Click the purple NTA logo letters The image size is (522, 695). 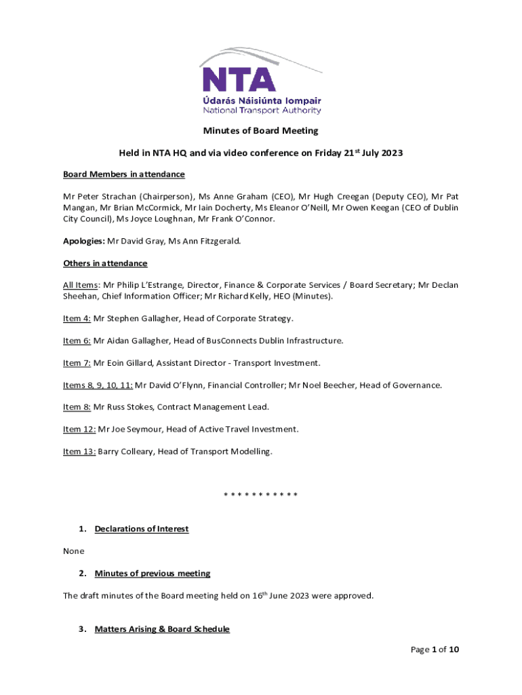tap(239, 79)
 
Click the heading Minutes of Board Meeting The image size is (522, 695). tap(261, 130)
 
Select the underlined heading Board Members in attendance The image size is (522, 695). tap(124, 174)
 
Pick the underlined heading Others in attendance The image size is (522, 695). tap(105, 263)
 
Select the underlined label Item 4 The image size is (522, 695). tap(77, 318)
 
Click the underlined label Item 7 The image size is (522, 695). tap(77, 363)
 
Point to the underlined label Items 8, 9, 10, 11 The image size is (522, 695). tap(98, 386)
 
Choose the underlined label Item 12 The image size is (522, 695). tap(79, 430)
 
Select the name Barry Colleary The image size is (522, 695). tap(125, 452)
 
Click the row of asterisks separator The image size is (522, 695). tap(261, 494)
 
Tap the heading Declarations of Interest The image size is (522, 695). tap(142, 529)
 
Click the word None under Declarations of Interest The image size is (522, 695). tap(74, 551)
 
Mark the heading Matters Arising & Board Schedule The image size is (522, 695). tap(162, 629)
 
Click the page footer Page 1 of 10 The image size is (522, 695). tap(435, 650)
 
